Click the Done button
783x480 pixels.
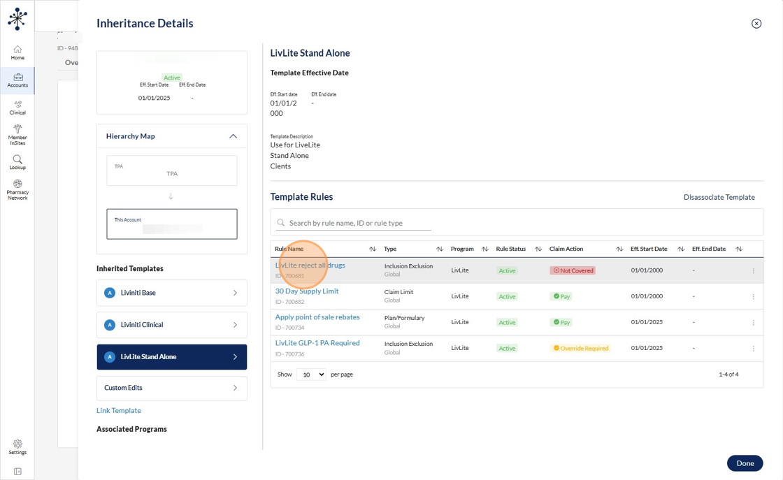point(745,463)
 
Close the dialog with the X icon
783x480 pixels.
point(756,24)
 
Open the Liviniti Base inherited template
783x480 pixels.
point(171,293)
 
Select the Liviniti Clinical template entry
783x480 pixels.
point(171,325)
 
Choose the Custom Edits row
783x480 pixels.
point(171,388)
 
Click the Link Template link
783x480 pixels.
point(119,411)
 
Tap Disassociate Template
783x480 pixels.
point(719,197)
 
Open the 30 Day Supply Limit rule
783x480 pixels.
point(307,291)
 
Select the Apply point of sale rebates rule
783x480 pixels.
point(317,317)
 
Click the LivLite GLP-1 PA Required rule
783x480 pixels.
point(317,343)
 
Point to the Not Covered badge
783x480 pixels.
point(573,270)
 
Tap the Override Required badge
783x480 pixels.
point(580,348)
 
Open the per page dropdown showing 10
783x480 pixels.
point(311,374)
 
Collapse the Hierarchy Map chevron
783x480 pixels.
point(233,136)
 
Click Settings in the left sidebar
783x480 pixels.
point(17,446)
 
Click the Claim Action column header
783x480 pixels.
point(566,249)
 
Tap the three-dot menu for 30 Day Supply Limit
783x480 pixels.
point(753,296)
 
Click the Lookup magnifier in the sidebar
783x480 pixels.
point(17,161)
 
